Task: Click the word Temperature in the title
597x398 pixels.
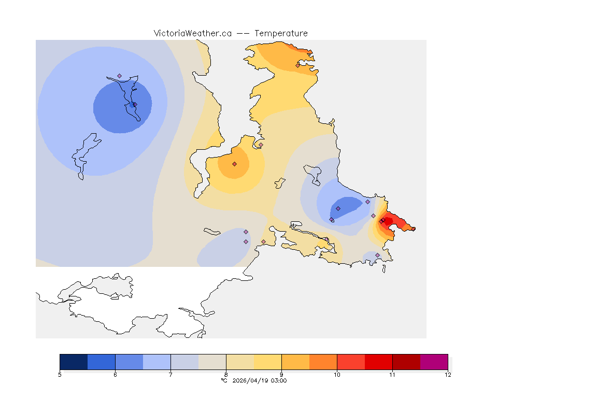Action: click(281, 33)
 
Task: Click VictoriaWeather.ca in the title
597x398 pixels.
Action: click(192, 33)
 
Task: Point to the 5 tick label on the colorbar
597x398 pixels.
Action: click(60, 375)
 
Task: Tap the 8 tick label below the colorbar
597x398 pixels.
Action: click(226, 375)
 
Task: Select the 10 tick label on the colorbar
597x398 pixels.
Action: click(337, 375)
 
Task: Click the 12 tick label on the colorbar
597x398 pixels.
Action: click(448, 375)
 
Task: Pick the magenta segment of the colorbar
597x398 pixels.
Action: click(434, 362)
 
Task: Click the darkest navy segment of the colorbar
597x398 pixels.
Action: click(74, 362)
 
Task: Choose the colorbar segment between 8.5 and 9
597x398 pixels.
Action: click(267, 362)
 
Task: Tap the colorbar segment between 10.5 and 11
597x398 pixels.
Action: click(378, 362)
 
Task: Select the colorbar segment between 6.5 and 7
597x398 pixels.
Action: click(157, 362)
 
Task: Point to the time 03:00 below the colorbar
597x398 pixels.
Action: click(279, 381)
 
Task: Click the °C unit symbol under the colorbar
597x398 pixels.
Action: click(224, 381)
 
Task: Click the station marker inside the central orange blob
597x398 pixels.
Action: click(234, 164)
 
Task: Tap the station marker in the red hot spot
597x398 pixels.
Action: click(382, 221)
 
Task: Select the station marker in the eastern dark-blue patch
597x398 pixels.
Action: click(338, 208)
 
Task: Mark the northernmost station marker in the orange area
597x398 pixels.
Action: click(297, 65)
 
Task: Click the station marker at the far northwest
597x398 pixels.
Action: click(119, 76)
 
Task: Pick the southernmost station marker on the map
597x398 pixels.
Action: click(377, 255)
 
